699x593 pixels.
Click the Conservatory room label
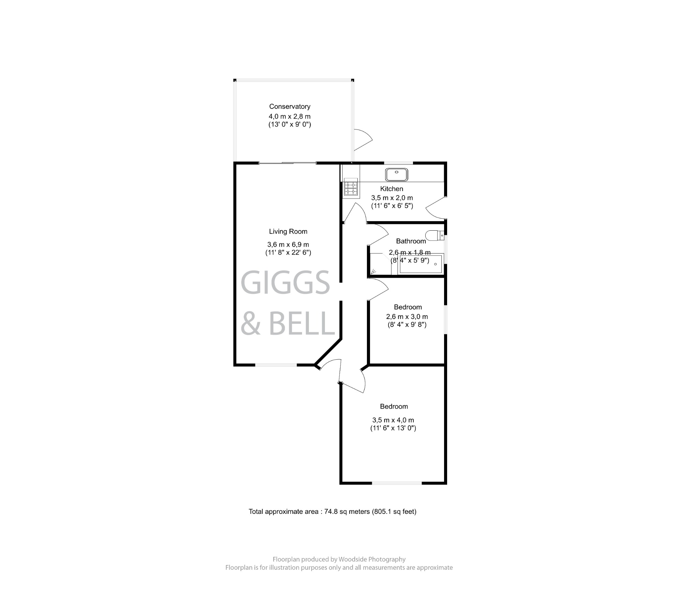pyautogui.click(x=289, y=106)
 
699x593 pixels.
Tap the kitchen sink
pyautogui.click(x=396, y=174)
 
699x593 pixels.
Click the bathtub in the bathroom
pyautogui.click(x=420, y=264)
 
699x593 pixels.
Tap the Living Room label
pyautogui.click(x=288, y=232)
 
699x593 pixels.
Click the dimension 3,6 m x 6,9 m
pyautogui.click(x=288, y=245)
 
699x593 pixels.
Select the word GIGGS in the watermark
pyautogui.click(x=285, y=283)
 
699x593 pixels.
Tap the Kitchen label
pyautogui.click(x=391, y=189)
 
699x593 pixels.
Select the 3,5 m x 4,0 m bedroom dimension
pyautogui.click(x=393, y=420)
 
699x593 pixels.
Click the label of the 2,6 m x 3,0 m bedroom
pyautogui.click(x=408, y=307)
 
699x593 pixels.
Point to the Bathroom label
pyautogui.click(x=411, y=241)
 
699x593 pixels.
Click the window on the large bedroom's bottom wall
pyautogui.click(x=397, y=483)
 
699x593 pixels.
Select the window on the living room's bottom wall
pyautogui.click(x=276, y=365)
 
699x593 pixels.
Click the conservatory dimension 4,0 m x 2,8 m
pyautogui.click(x=289, y=116)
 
